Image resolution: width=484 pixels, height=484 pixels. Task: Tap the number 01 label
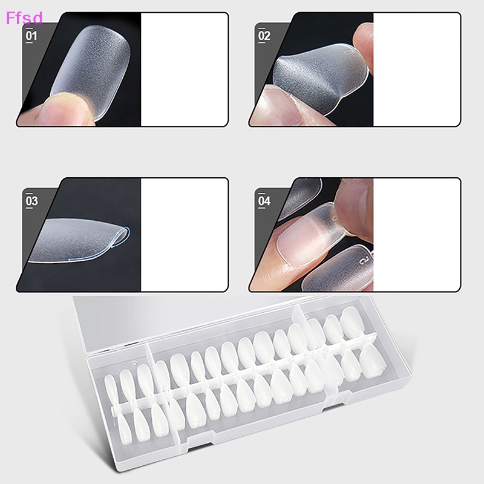pos(31,36)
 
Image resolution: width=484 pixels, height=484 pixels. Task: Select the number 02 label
pos(264,36)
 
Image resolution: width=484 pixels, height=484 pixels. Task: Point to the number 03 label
pos(31,201)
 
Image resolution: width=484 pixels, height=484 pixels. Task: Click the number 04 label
pos(264,201)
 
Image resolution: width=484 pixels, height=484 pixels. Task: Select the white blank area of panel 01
pos(185,70)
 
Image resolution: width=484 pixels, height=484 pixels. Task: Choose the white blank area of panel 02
pos(416,70)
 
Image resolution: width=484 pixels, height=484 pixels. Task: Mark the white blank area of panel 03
pos(185,235)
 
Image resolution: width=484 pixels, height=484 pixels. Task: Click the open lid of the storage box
pos(181,321)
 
